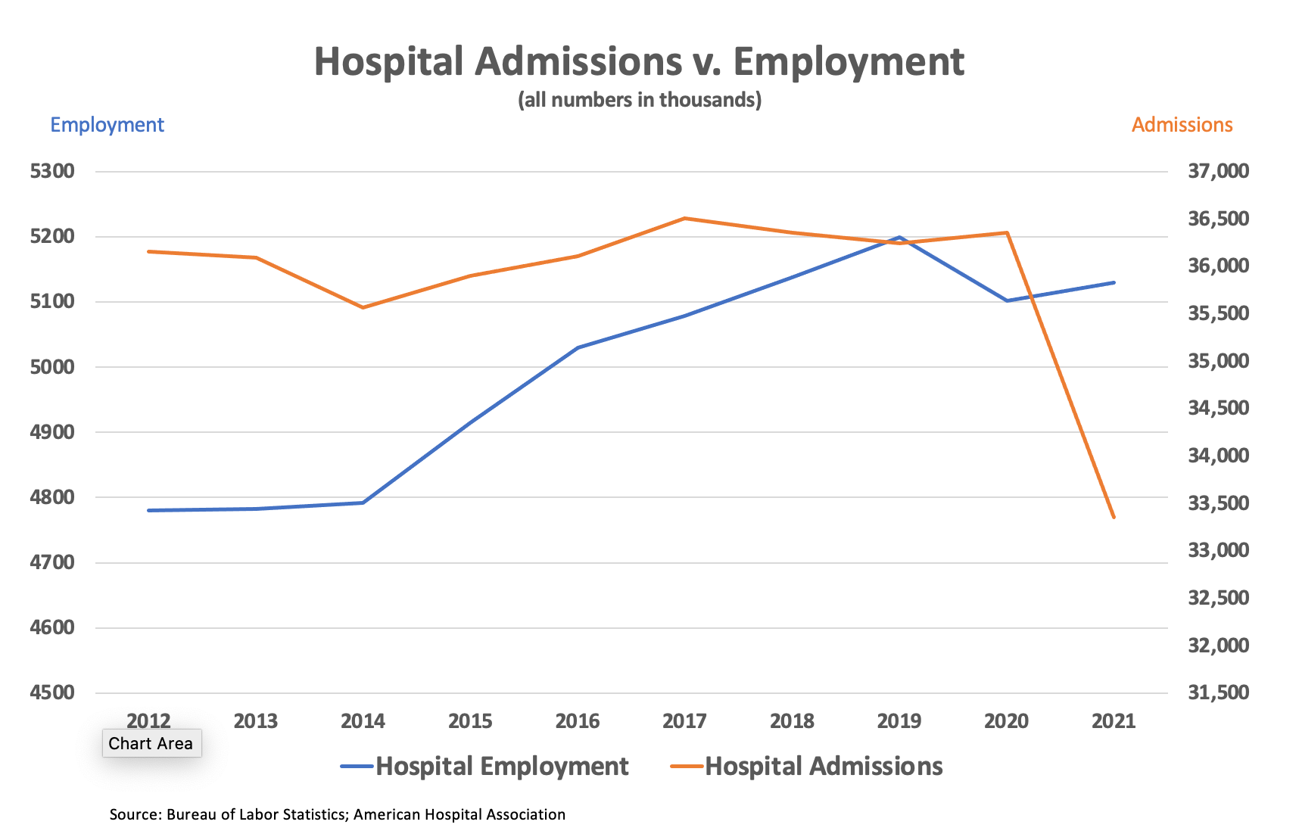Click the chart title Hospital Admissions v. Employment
tap(639, 62)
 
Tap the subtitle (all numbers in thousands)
tap(639, 100)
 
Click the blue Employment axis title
tap(107, 125)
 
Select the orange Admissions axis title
tap(1182, 125)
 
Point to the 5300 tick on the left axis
tap(52, 171)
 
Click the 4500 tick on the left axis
tap(52, 692)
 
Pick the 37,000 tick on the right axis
tap(1218, 171)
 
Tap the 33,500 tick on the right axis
tap(1218, 503)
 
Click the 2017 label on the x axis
tap(684, 721)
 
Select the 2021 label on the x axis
tap(1114, 721)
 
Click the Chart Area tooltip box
tap(151, 743)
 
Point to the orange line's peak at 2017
tap(684, 219)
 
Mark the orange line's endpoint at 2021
tap(1114, 517)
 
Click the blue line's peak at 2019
tap(899, 238)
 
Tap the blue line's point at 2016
tap(578, 347)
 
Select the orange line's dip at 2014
tap(363, 307)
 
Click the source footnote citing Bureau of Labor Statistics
tap(338, 814)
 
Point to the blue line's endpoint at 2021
tap(1114, 282)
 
